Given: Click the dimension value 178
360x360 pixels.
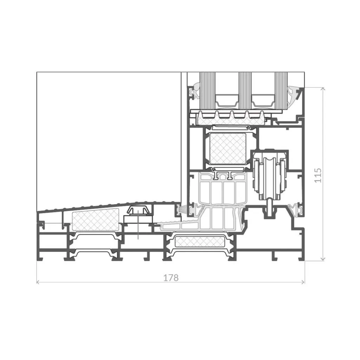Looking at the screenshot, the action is (171, 278).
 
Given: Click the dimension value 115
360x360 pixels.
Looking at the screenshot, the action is (318, 175).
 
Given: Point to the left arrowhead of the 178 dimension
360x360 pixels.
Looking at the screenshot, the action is (38, 282).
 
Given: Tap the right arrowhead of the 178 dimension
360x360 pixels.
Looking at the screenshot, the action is (303, 282).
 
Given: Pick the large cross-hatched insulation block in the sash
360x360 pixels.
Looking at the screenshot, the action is (228, 148).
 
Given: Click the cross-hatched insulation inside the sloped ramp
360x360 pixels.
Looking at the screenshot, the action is (96, 220).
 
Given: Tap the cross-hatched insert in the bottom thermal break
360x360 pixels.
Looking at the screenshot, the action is (200, 242).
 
